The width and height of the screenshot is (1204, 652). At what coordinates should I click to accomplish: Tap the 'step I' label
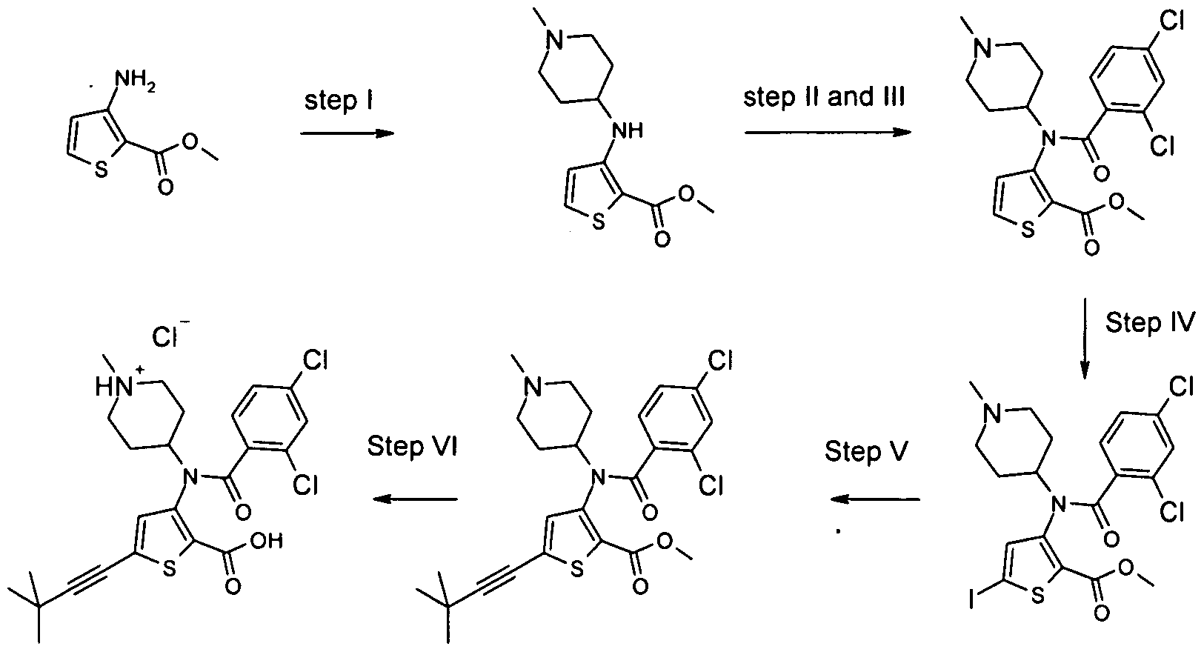339,101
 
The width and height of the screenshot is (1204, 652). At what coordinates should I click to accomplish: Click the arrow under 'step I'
347,133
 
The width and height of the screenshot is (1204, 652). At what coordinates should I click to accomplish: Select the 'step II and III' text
824,97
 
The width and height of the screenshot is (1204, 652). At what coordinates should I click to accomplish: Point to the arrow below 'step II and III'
828,132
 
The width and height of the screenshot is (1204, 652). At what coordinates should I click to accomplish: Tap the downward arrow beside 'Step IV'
1085,339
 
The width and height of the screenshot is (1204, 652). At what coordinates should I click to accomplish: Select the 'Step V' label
866,451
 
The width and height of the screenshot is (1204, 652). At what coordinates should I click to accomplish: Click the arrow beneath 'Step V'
875,499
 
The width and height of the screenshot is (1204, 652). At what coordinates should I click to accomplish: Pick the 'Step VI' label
412,446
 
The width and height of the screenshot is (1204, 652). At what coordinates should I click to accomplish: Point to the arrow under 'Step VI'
415,499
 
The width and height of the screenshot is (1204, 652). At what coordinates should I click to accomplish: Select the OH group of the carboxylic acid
267,541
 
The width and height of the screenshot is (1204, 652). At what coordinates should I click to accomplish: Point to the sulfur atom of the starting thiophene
101,170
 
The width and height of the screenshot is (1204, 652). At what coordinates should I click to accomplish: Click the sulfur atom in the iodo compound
1037,596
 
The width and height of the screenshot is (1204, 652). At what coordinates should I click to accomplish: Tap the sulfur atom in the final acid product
170,568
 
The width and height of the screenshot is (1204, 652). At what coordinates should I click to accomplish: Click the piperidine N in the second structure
555,40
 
